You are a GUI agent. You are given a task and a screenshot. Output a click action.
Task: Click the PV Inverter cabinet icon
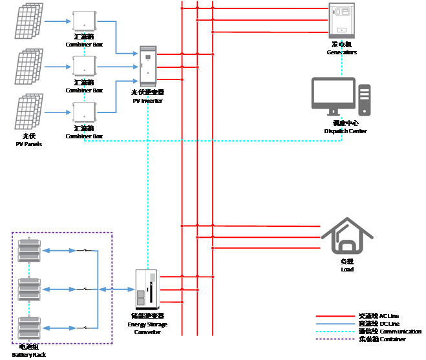[x=149, y=66]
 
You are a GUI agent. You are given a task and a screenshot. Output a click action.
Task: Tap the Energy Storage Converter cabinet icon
[x=146, y=289]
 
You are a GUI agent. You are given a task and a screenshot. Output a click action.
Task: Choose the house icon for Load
[x=347, y=237]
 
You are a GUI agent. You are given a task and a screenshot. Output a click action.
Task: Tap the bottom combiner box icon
[x=83, y=112]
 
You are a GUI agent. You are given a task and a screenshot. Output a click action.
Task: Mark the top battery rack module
[x=28, y=250]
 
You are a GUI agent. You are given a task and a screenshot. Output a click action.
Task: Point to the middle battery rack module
[x=28, y=288]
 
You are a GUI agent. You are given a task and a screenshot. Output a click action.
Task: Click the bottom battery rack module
[x=28, y=328]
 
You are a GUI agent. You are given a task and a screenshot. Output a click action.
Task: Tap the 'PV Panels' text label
[x=29, y=140]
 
